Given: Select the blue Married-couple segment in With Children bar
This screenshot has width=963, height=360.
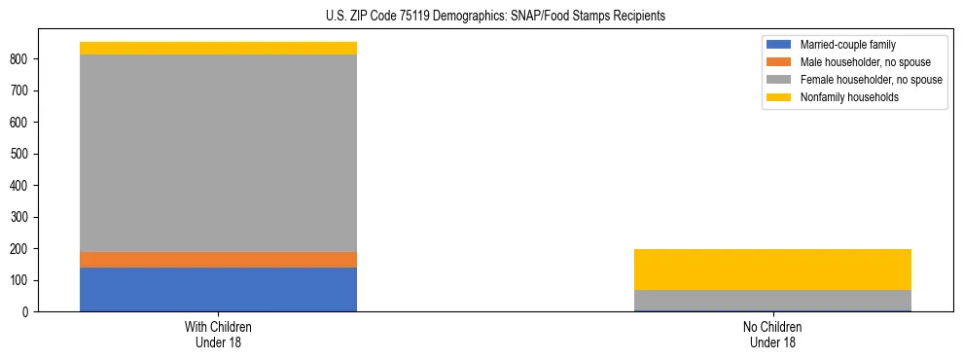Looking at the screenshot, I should point(218,289).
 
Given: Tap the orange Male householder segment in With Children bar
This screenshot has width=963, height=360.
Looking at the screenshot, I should point(218,260).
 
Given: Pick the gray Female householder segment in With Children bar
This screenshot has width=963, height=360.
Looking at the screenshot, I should point(218,153).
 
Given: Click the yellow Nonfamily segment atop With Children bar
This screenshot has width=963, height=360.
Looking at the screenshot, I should point(218,48).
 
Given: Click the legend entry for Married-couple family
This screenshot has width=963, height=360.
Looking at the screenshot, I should point(846,45).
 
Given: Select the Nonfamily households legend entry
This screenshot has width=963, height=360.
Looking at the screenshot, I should point(849,97).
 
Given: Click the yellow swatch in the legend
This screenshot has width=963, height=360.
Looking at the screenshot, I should point(780,97).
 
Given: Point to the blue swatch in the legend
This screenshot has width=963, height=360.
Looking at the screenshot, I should point(780,45).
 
